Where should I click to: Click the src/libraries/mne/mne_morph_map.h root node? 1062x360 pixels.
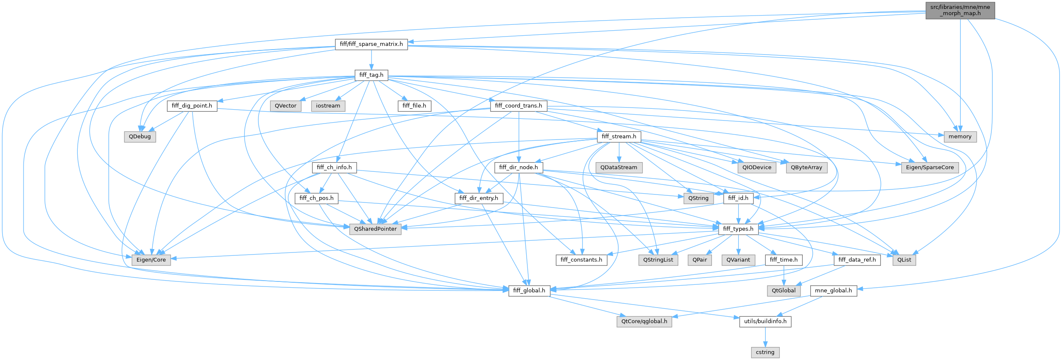(x=960, y=10)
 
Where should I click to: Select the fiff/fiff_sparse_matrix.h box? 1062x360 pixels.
(x=371, y=44)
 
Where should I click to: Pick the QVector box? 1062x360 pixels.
(x=285, y=106)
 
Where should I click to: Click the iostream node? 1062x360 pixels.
(x=328, y=106)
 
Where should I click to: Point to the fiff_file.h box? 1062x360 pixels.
(x=414, y=106)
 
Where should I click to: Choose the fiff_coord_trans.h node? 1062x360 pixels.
(x=518, y=106)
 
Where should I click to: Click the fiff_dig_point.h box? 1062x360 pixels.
(x=192, y=106)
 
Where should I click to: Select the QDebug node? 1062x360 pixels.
(x=140, y=137)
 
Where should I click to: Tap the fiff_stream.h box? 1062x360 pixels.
(x=619, y=137)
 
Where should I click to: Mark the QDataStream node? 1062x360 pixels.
(x=619, y=167)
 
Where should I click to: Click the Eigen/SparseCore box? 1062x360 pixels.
(x=930, y=167)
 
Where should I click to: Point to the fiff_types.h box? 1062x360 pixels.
(x=738, y=229)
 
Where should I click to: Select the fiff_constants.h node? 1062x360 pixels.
(x=581, y=260)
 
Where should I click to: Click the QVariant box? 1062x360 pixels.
(x=738, y=260)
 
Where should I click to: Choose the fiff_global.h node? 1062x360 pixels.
(x=529, y=291)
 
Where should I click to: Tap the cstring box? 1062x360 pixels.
(x=765, y=352)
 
